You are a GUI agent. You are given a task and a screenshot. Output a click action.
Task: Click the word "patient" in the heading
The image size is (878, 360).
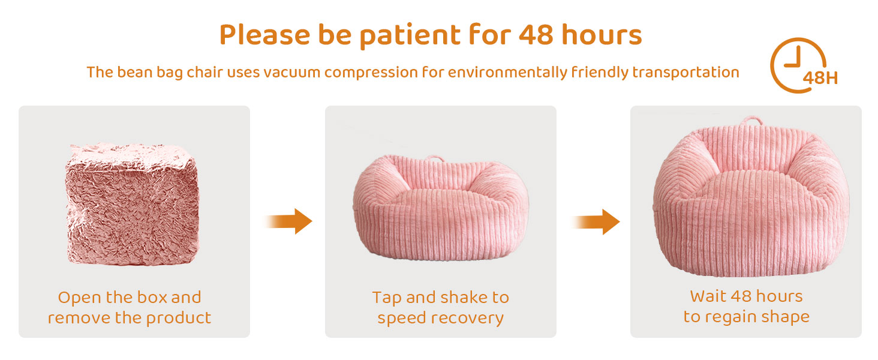(410, 36)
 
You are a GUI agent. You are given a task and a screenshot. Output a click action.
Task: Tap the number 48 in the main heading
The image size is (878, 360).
(536, 35)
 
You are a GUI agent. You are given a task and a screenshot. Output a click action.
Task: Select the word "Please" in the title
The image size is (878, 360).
(264, 35)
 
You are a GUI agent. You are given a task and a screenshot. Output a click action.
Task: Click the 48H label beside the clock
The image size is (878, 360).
(820, 78)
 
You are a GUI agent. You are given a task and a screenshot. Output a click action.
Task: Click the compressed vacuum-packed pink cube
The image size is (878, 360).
(132, 204)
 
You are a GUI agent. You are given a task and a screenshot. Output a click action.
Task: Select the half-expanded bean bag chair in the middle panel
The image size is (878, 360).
(441, 208)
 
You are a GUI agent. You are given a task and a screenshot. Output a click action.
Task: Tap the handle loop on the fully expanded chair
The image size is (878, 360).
(751, 119)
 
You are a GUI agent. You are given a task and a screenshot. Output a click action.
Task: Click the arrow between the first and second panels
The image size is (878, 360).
(288, 221)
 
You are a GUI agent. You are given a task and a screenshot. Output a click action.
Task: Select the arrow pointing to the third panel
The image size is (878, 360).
(595, 221)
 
